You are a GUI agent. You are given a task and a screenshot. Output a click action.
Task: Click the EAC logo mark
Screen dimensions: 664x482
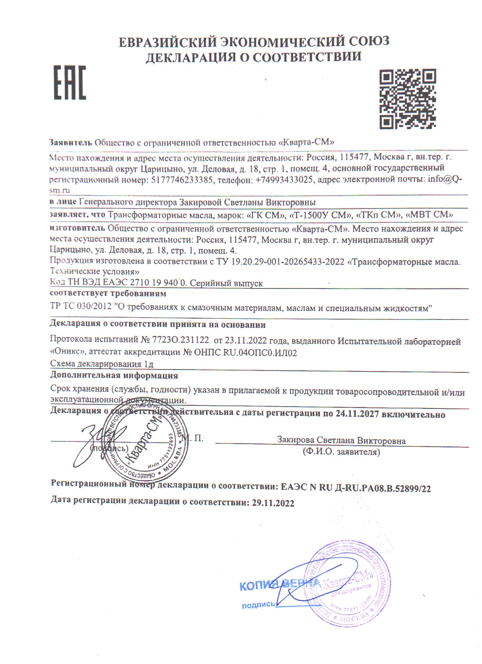click(x=70, y=83)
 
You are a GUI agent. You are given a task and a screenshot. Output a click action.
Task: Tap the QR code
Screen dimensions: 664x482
click(x=408, y=99)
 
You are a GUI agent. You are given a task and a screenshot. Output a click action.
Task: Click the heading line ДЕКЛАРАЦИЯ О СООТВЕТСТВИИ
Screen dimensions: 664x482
click(x=254, y=57)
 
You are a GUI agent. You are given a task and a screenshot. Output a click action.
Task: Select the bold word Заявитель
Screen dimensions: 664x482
click(x=71, y=142)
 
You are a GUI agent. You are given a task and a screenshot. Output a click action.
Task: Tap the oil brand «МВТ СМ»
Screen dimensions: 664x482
click(x=429, y=215)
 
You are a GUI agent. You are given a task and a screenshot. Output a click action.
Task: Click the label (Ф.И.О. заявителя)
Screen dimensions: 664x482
click(x=341, y=452)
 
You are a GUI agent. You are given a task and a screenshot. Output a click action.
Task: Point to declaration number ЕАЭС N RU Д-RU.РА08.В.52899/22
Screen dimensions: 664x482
click(x=356, y=488)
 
